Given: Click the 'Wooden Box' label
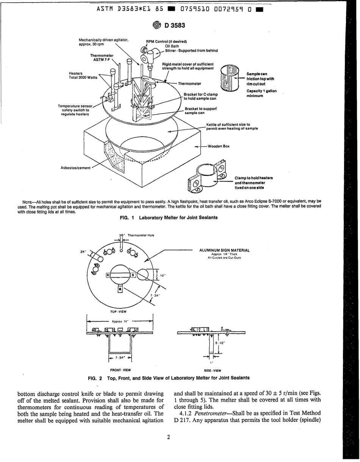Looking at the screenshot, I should point(219,146).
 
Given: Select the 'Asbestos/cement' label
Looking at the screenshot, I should point(75,168).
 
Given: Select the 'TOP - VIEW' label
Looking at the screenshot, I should point(118,312).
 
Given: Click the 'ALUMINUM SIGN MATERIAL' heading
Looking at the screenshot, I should point(224,250).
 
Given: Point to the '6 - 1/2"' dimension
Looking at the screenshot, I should point(220,343).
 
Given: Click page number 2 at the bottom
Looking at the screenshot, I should point(168,437).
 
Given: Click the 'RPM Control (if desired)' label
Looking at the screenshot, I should point(166,42).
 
